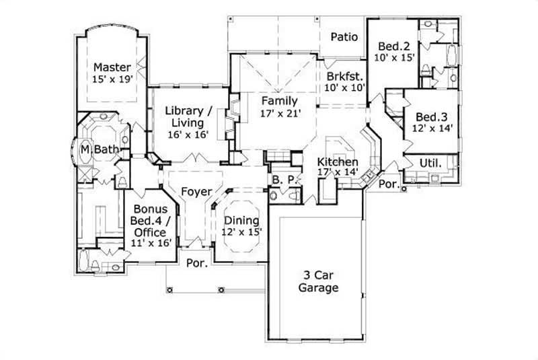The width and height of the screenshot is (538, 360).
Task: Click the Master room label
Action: pos(112,67)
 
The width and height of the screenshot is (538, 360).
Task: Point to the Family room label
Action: pos(280,102)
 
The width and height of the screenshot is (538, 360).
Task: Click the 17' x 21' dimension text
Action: pos(280,114)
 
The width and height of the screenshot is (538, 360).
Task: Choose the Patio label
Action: pos(343,37)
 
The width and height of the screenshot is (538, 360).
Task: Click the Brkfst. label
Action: pos(344,75)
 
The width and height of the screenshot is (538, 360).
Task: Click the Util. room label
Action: pos(430,163)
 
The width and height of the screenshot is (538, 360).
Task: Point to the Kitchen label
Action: pos(338,162)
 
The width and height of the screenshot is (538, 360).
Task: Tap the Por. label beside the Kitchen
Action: pos(389,183)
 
